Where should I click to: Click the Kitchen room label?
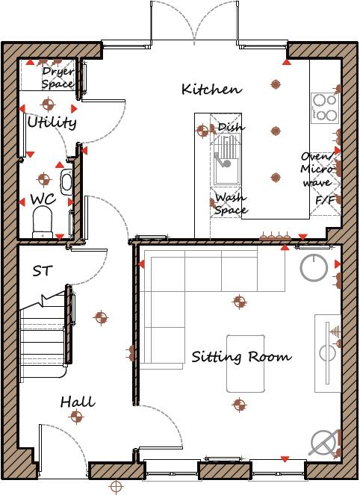pyautogui.click(x=211, y=90)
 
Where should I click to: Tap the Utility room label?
pyautogui.click(x=52, y=122)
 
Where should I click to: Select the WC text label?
pyautogui.click(x=42, y=199)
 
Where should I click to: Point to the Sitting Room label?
pyautogui.click(x=240, y=357)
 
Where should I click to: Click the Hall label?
pyautogui.click(x=77, y=402)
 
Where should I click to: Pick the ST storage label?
pyautogui.click(x=42, y=271)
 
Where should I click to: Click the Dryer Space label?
pyautogui.click(x=58, y=78)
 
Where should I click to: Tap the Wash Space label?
pyautogui.click(x=230, y=204)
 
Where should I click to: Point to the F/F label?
pyautogui.click(x=325, y=201)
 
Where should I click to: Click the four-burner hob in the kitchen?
pyautogui.click(x=324, y=108)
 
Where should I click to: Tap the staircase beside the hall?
pyautogui.click(x=45, y=329)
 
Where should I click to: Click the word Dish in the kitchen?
pyautogui.click(x=230, y=128)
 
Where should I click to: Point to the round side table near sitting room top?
pyautogui.click(x=314, y=267)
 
